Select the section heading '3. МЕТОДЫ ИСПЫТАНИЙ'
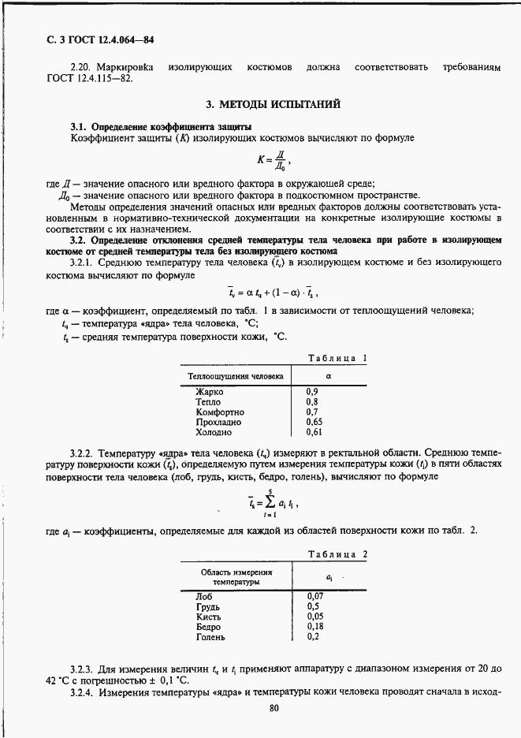click(261, 104)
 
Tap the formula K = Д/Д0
click(261, 162)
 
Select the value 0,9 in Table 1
click(312, 392)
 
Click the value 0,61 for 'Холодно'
click(314, 433)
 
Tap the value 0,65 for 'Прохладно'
click(314, 423)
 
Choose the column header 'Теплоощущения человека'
click(236, 376)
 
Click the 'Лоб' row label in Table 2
click(203, 596)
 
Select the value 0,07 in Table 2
click(314, 596)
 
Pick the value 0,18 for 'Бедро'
click(314, 627)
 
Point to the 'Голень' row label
click(210, 637)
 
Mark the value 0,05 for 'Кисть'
click(314, 617)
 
